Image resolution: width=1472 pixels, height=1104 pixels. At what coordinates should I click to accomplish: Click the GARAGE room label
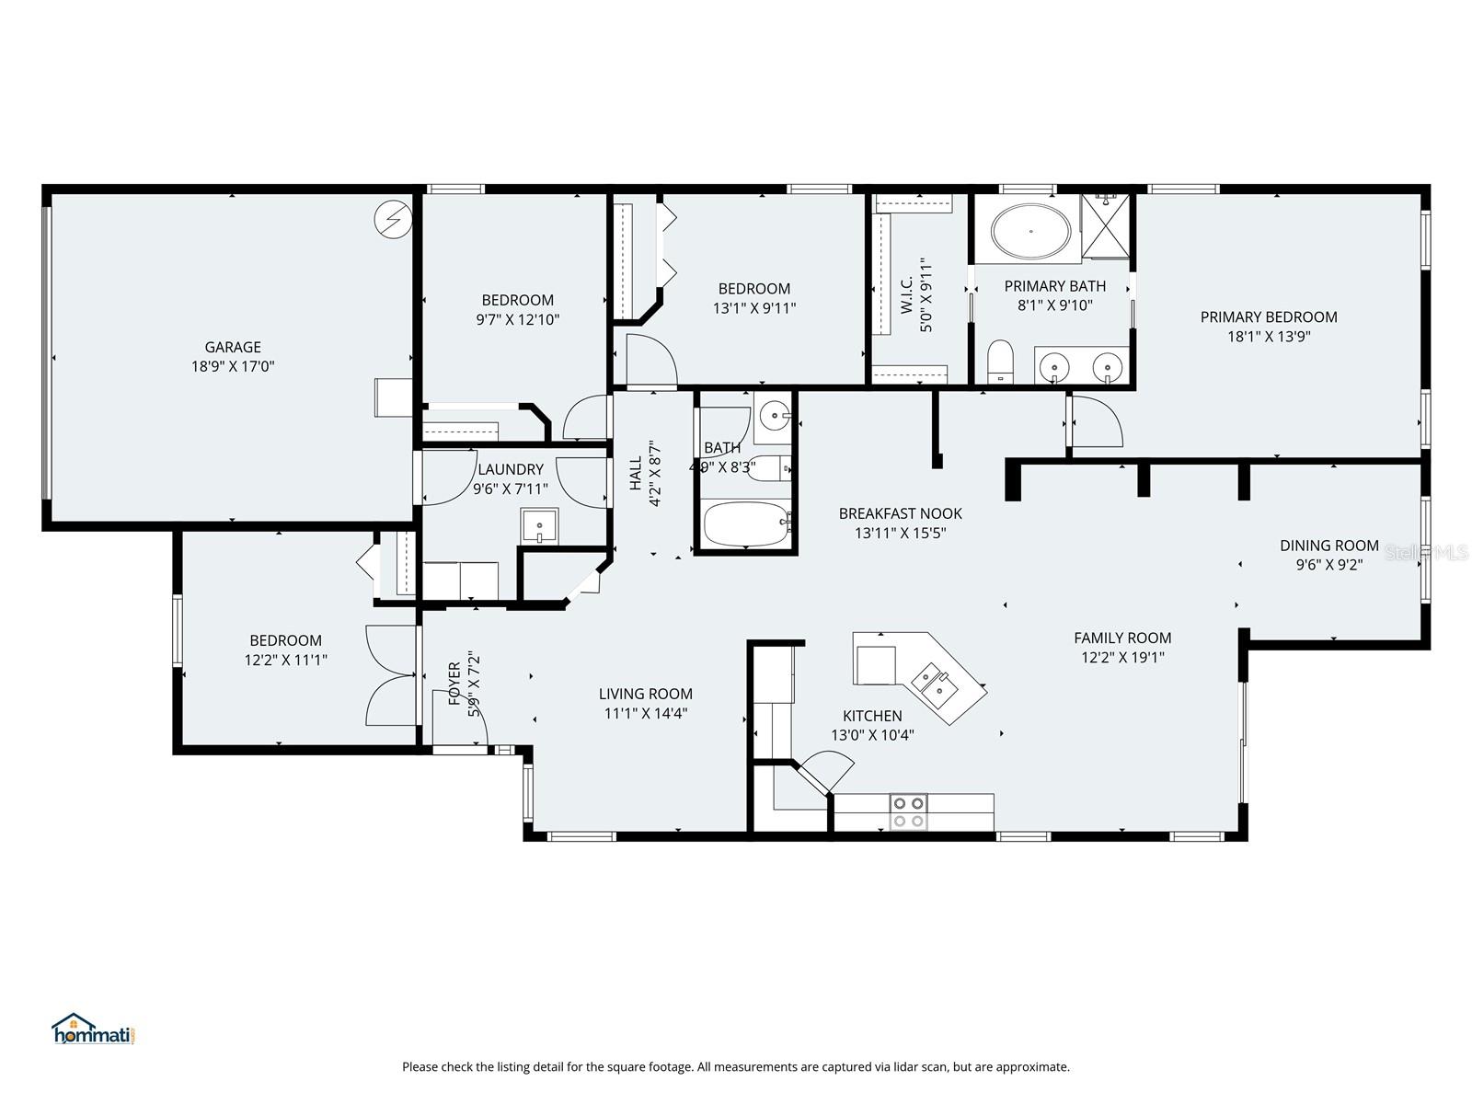tap(233, 347)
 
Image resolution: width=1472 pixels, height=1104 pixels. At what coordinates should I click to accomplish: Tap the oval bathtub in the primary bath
tap(1029, 231)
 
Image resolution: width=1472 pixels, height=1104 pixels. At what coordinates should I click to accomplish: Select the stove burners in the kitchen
tap(908, 811)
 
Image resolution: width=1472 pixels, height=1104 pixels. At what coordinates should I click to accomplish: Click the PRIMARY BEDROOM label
tap(1269, 317)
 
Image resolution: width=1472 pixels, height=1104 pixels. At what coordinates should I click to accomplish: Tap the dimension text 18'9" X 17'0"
tap(233, 366)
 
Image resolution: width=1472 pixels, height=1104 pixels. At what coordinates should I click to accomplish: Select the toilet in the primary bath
tap(999, 362)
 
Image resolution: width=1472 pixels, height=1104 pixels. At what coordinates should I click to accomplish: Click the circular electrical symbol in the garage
tap(392, 220)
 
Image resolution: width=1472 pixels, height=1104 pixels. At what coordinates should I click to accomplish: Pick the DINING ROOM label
tap(1328, 546)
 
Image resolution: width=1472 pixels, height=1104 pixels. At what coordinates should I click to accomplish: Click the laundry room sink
tap(539, 526)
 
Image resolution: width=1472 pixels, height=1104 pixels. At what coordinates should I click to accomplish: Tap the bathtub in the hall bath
tap(746, 523)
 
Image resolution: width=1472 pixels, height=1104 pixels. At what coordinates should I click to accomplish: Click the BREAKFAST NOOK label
tap(900, 513)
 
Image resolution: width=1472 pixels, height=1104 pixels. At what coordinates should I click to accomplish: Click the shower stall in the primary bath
tap(1106, 225)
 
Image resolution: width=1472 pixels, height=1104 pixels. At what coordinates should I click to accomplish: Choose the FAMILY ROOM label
tap(1122, 638)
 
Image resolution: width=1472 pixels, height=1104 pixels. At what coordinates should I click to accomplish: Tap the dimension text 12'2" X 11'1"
tap(285, 660)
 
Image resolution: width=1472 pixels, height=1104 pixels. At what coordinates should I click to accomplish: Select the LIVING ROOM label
tap(645, 694)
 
